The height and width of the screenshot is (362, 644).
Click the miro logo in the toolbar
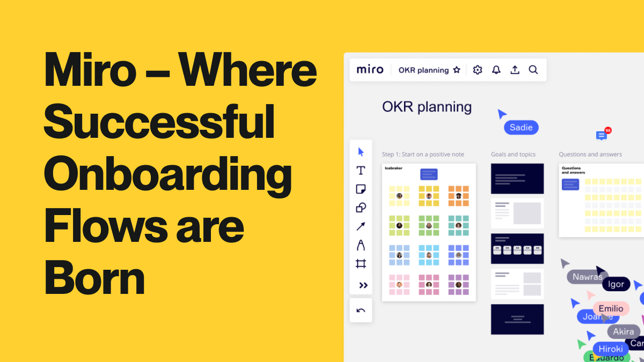370,70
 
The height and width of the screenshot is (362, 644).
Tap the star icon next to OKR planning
457,70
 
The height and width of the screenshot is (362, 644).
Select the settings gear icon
478,70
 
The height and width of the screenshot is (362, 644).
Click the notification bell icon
496,70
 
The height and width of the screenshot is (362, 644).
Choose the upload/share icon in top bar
515,70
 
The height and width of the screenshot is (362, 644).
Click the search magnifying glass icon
533,70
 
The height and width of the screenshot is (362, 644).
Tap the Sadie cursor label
521,127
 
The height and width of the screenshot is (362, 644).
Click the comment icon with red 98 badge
602,135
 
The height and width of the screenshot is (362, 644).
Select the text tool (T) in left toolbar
361,171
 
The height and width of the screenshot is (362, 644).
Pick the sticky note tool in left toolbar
361,189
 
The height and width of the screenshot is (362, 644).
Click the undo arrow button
361,311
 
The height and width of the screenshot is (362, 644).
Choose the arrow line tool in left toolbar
361,226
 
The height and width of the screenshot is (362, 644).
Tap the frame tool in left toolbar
361,263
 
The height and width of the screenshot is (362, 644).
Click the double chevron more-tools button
363,285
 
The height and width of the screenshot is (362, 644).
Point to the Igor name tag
616,284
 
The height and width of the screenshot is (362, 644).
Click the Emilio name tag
611,308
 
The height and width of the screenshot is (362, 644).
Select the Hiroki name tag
611,349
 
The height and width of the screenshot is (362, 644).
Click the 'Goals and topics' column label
513,154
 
